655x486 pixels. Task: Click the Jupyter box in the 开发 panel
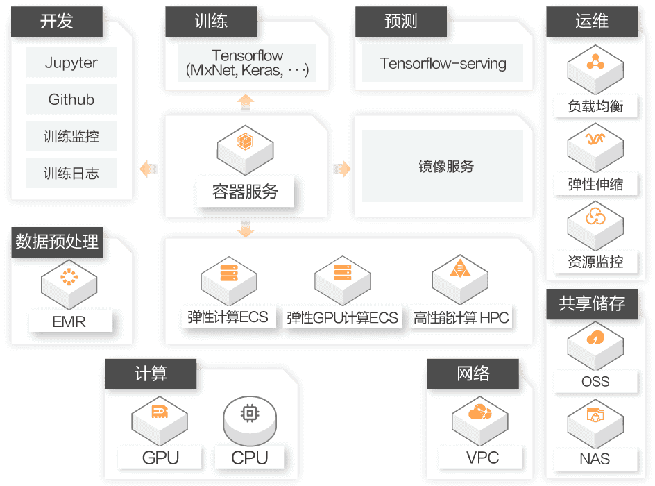[71, 62]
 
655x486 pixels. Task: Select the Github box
[71, 99]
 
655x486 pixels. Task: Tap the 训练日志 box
[71, 174]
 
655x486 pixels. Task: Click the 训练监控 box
[71, 137]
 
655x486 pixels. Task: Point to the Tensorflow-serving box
[443, 64]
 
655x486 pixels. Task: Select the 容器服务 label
[245, 192]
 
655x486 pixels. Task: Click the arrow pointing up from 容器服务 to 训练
[245, 101]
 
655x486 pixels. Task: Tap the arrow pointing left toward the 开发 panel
[147, 169]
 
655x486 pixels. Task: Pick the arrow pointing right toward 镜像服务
[342, 169]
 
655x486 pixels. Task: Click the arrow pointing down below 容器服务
[245, 230]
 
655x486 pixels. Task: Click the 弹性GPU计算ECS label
[343, 318]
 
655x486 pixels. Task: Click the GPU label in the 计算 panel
[160, 458]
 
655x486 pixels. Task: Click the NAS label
[595, 458]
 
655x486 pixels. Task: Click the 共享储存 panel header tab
[592, 304]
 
